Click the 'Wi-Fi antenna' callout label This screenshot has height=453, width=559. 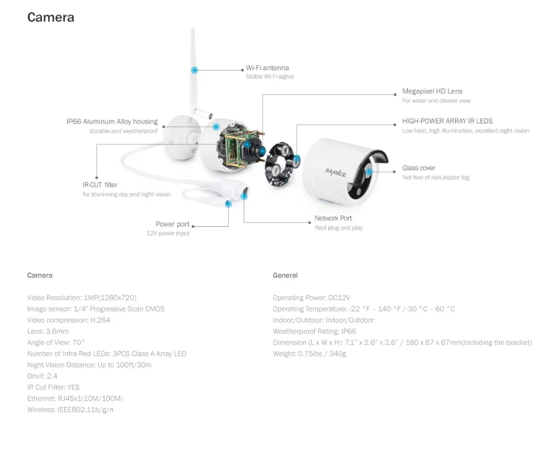coord(267,68)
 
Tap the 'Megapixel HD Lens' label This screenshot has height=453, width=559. coord(432,91)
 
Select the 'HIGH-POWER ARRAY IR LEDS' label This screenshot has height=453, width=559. coord(447,121)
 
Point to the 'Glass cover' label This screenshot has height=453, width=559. coord(419,168)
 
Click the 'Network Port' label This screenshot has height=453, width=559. coord(333,218)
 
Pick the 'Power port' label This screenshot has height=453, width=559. coord(173,224)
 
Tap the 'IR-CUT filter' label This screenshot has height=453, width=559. coord(100,185)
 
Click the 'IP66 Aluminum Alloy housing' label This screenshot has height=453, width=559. coord(112,122)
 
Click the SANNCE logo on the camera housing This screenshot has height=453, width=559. coord(335,172)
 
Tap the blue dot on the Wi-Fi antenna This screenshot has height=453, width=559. coord(195,70)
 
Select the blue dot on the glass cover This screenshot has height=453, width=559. coord(369,172)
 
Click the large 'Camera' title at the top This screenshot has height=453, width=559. coord(51,17)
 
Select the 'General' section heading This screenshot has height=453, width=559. coord(285,275)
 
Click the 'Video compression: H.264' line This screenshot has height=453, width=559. coord(68,320)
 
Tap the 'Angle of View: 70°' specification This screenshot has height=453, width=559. coord(56,343)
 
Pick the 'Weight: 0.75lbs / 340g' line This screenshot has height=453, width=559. coord(310,354)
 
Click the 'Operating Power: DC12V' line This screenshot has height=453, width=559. coord(311,298)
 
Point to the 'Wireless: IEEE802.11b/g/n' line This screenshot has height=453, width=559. coord(70,410)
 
